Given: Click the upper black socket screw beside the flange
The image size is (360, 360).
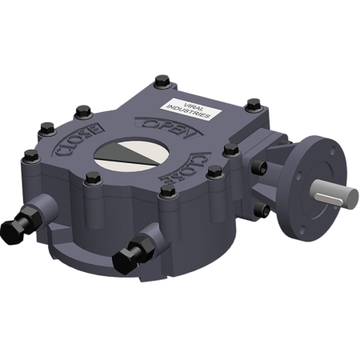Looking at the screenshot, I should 261,166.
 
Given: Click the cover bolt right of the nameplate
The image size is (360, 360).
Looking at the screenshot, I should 252,104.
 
